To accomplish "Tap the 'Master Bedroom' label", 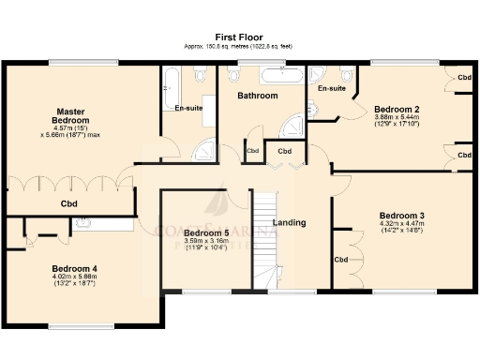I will [71, 117].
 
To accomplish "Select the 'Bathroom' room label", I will [257, 96].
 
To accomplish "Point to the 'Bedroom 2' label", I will [396, 109].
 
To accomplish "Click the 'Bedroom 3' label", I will [401, 215].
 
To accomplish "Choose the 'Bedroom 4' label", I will [74, 267].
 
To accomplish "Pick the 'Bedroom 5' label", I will [206, 232].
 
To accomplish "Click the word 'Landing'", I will [289, 223].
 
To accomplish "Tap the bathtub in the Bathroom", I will [280, 76].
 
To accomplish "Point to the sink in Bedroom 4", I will [82, 223].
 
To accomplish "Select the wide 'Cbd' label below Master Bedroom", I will [68, 203].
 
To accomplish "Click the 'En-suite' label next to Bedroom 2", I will [332, 88].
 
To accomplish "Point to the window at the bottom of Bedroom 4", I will [80, 326].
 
